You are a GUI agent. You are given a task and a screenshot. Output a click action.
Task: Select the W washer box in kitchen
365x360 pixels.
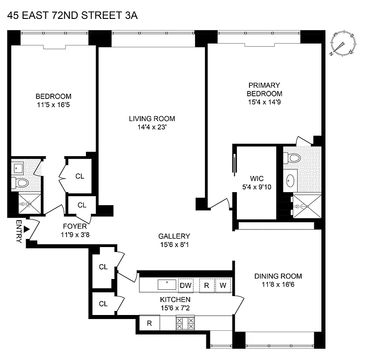point(223,285)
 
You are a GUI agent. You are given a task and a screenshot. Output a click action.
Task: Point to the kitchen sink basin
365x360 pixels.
point(167,284)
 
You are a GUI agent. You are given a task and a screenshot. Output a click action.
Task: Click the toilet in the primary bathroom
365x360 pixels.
point(292,158)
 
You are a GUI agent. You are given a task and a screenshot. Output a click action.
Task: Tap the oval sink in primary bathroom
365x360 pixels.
point(290,180)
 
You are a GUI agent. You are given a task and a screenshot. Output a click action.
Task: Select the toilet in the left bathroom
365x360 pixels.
point(20,183)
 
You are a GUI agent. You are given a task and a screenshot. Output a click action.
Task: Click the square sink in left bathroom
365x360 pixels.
point(19,167)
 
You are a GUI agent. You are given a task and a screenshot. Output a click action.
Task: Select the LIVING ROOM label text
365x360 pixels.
point(152,119)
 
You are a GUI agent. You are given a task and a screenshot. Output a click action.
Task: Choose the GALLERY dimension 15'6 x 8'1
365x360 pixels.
point(174,245)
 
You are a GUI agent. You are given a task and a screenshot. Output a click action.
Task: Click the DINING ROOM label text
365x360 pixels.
point(278,276)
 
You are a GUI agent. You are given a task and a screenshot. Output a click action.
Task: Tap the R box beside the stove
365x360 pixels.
point(149,322)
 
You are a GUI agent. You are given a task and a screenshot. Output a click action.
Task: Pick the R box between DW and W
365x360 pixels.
point(206,285)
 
